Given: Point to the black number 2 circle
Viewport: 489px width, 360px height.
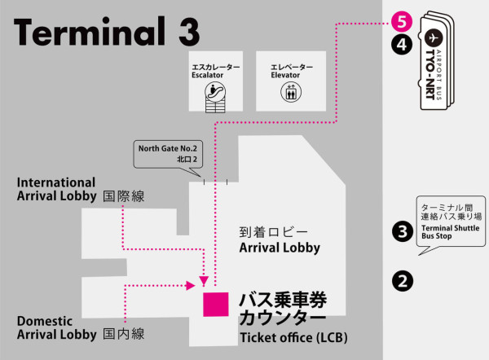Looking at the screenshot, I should point(400,281).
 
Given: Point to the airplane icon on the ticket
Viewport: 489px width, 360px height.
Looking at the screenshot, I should point(433,38).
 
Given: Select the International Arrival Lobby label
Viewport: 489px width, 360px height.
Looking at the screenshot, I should point(55,189).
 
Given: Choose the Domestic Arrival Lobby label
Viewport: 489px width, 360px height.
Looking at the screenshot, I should point(51,328).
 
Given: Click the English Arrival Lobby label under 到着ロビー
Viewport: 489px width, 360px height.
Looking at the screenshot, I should point(280,248).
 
